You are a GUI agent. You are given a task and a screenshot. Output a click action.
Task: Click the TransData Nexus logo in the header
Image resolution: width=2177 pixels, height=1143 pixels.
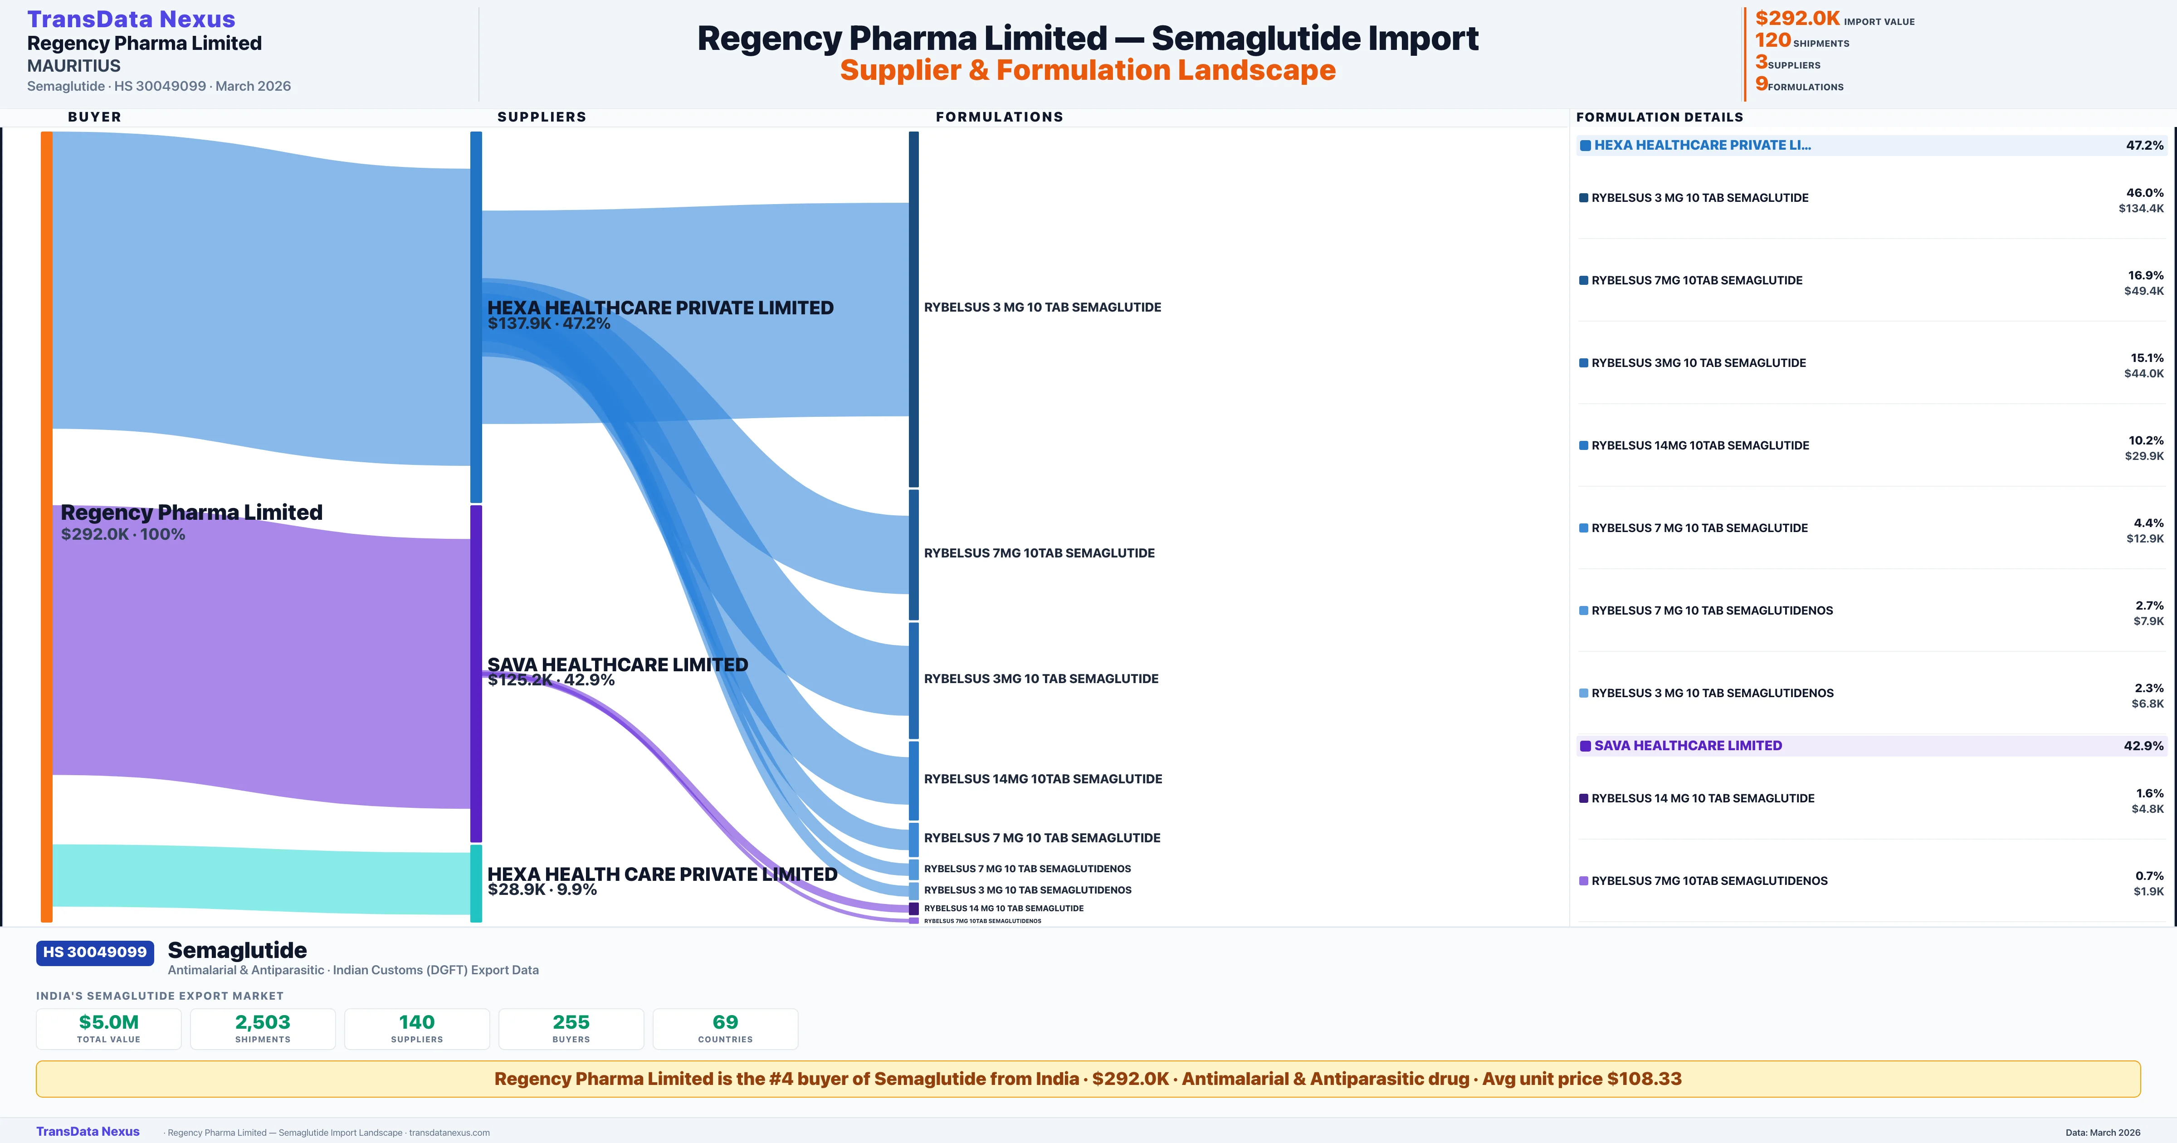coord(131,19)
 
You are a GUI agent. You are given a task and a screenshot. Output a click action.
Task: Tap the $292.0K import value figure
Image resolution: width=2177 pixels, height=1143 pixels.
coord(1796,18)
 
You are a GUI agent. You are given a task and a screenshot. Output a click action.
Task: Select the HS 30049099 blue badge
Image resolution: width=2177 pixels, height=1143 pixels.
coord(95,952)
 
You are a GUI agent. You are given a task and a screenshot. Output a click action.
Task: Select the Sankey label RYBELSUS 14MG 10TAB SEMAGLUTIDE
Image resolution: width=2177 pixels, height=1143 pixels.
coord(1043,779)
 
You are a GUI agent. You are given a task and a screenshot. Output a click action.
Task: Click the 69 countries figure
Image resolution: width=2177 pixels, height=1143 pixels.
coord(725,1022)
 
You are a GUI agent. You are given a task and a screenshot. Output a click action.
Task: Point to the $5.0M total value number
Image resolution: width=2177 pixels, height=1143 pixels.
coord(109,1022)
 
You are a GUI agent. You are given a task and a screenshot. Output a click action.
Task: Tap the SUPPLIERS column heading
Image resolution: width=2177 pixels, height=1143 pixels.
coord(542,117)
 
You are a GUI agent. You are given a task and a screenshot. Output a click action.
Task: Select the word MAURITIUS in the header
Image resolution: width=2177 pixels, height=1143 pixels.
coord(73,66)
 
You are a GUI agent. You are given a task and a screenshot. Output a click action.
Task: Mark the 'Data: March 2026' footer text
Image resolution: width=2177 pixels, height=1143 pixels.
coord(2103,1132)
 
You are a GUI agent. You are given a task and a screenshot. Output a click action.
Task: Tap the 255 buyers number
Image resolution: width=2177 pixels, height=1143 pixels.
coord(571,1022)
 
